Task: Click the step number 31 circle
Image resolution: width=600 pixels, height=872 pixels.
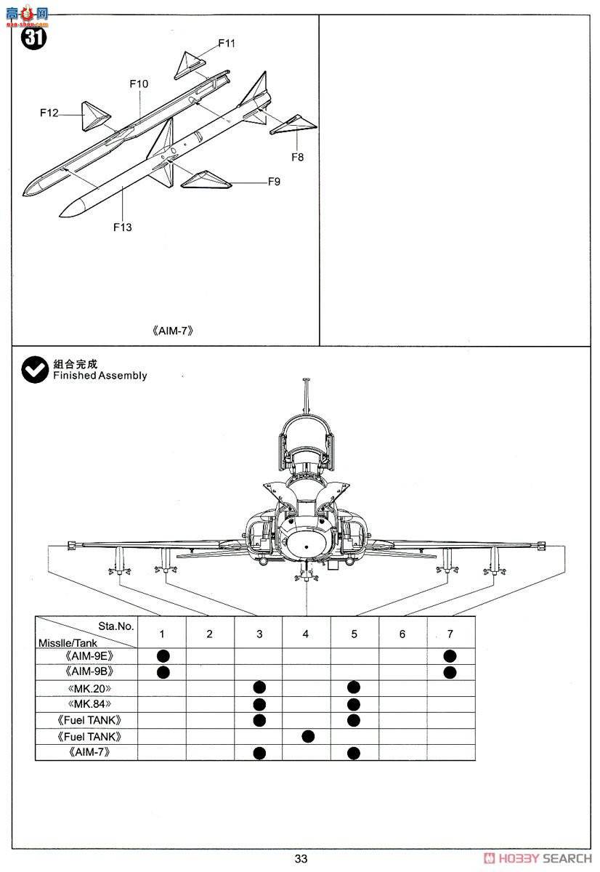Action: click(34, 37)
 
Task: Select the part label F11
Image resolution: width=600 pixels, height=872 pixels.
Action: click(227, 43)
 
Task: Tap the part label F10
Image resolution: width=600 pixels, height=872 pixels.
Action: click(139, 84)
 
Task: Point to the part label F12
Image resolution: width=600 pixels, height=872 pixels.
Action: click(49, 113)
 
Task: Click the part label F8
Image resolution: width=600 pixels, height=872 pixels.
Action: click(298, 156)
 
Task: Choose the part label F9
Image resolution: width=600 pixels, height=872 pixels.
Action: click(273, 182)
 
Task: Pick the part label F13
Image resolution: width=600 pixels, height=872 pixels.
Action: click(123, 227)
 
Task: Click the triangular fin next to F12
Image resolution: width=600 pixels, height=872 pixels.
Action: click(94, 116)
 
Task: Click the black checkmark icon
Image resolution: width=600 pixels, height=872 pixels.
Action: click(34, 370)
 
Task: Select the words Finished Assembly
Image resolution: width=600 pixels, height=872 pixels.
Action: click(100, 376)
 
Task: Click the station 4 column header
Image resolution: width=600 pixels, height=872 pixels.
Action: click(306, 634)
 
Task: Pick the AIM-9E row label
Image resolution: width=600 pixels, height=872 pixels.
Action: click(88, 655)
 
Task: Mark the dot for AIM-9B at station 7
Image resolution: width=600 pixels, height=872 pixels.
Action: click(450, 672)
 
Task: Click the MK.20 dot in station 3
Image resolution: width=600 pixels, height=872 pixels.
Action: click(259, 687)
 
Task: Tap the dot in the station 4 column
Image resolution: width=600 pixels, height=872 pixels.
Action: click(307, 736)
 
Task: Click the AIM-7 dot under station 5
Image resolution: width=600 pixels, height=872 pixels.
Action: click(354, 753)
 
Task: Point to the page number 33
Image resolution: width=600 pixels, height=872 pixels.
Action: click(301, 859)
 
